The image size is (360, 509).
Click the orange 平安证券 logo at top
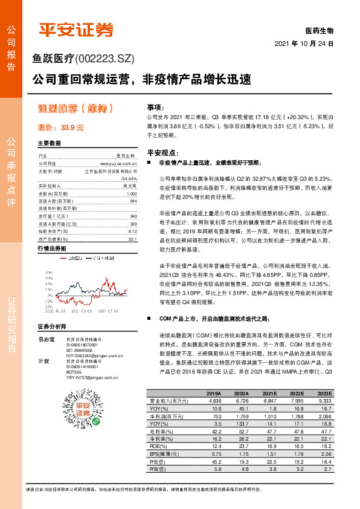pyautogui.click(x=75, y=30)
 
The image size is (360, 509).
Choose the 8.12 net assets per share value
pyautogui.click(x=132, y=230)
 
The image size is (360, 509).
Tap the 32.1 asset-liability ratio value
pyautogui.click(x=132, y=238)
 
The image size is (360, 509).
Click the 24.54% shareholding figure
pyautogui.click(x=129, y=179)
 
